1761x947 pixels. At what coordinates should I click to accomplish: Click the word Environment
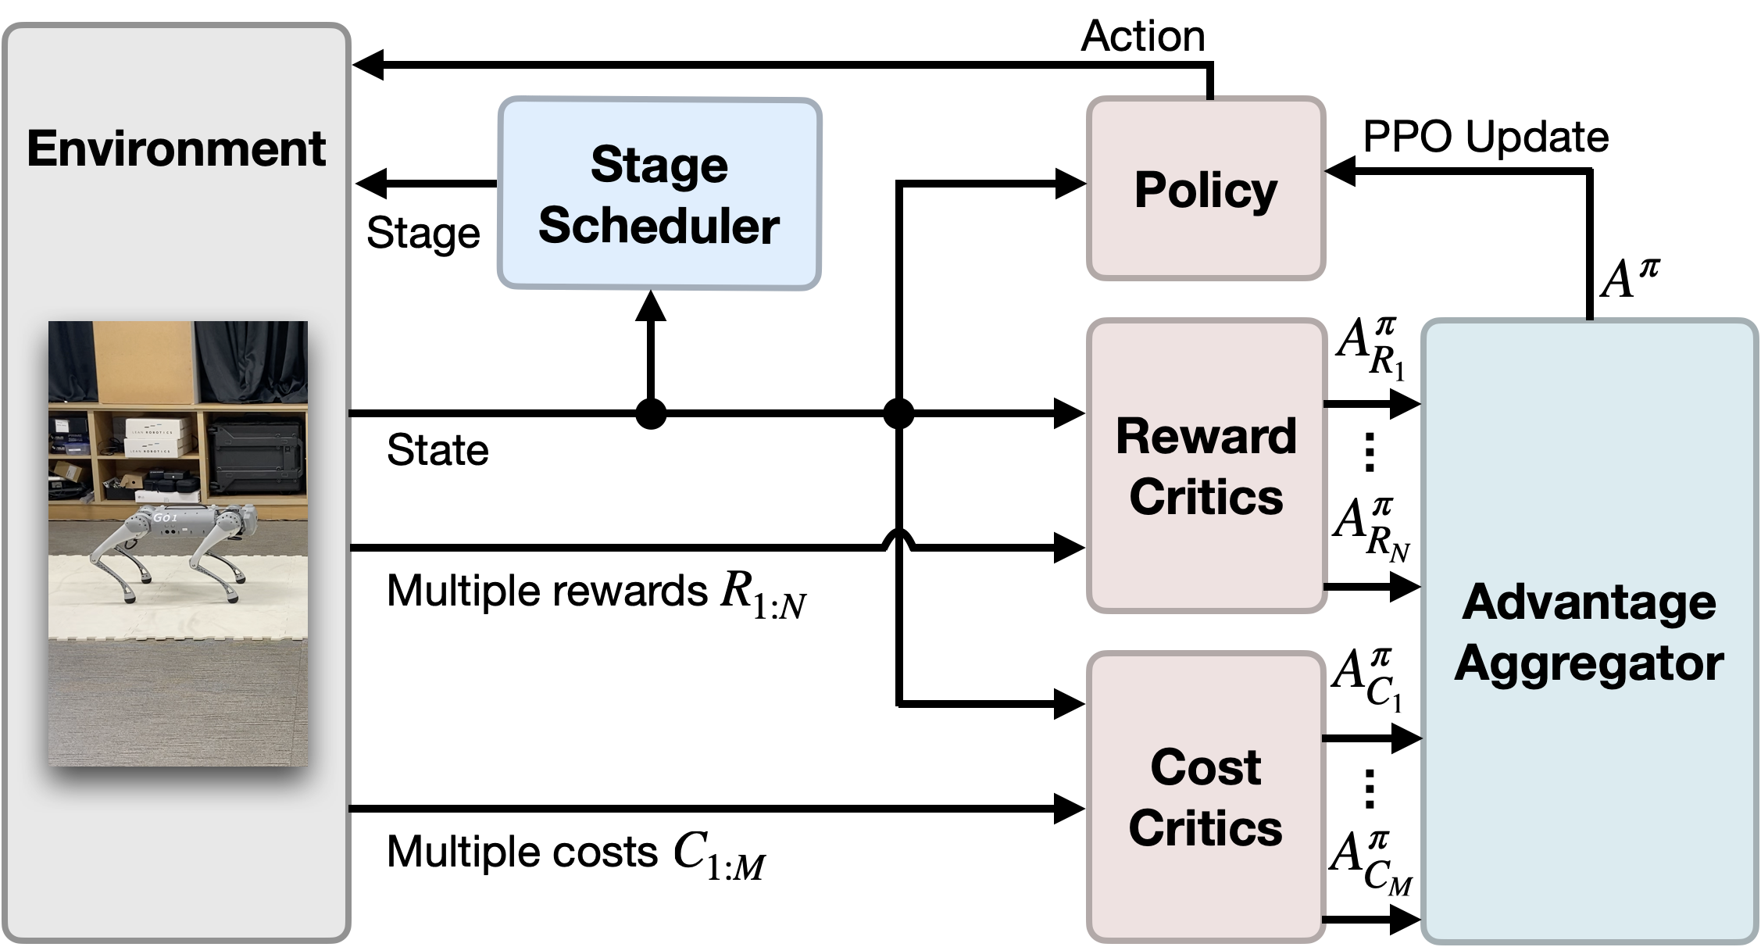[176, 148]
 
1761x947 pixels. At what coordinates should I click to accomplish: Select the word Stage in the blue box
[659, 165]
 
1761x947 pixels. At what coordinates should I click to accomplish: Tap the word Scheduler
[659, 226]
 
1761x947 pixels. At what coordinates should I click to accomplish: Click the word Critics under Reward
[1206, 496]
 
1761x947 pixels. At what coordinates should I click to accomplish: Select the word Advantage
[1589, 602]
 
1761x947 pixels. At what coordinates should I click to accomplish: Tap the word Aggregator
[1589, 663]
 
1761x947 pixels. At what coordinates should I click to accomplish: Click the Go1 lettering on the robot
[166, 517]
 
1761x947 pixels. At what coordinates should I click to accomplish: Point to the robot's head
[245, 516]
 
